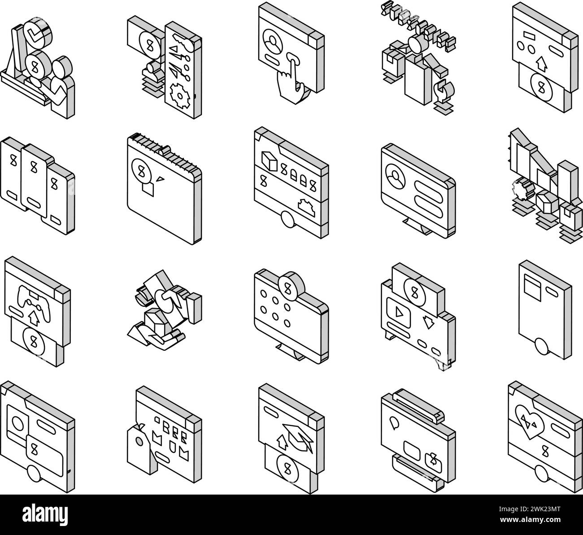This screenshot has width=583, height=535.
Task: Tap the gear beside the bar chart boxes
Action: (521, 190)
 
